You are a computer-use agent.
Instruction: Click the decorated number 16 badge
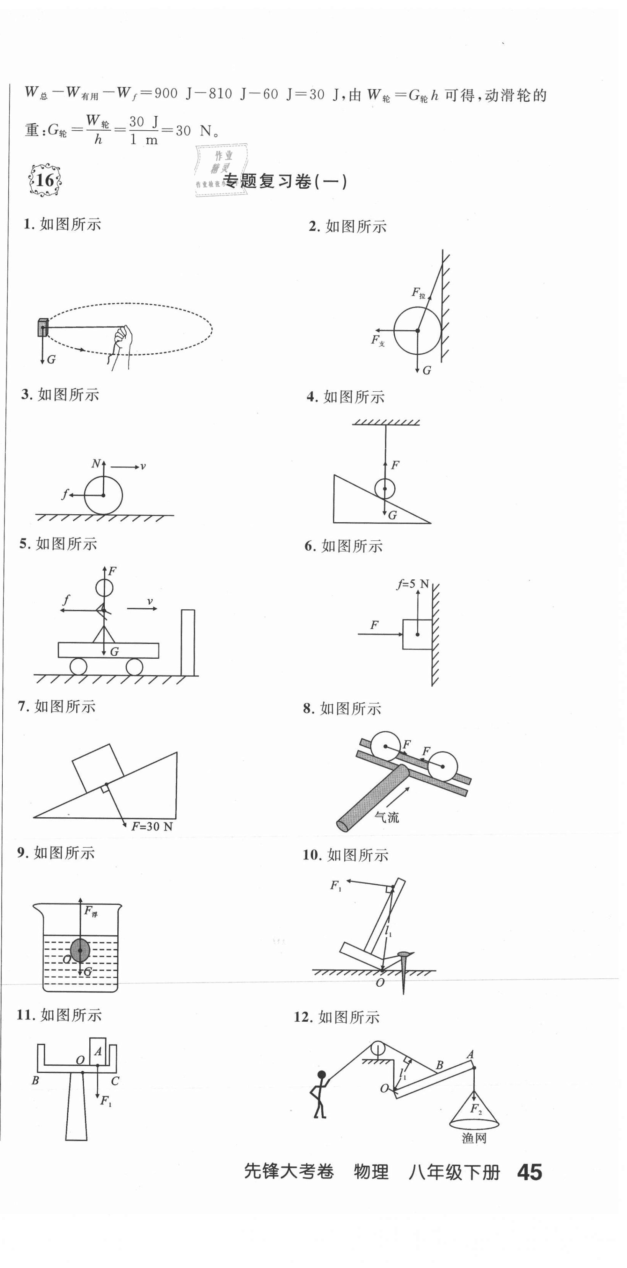click(45, 180)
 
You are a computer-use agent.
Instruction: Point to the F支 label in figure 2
click(378, 341)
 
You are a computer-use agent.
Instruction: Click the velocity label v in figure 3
click(143, 466)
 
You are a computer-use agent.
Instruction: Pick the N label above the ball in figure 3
click(96, 463)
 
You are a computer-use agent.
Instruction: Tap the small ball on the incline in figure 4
click(384, 489)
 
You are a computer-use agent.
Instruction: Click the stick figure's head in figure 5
click(104, 588)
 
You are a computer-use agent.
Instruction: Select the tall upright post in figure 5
click(188, 642)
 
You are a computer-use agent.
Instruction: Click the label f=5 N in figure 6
click(413, 584)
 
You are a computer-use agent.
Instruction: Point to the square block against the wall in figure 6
click(417, 634)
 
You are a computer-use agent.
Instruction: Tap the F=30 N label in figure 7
click(152, 827)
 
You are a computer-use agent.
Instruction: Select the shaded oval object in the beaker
click(80, 950)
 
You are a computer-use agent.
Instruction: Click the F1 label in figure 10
click(336, 886)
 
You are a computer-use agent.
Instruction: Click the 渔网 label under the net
click(474, 1138)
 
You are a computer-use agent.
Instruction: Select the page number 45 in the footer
click(530, 1173)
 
